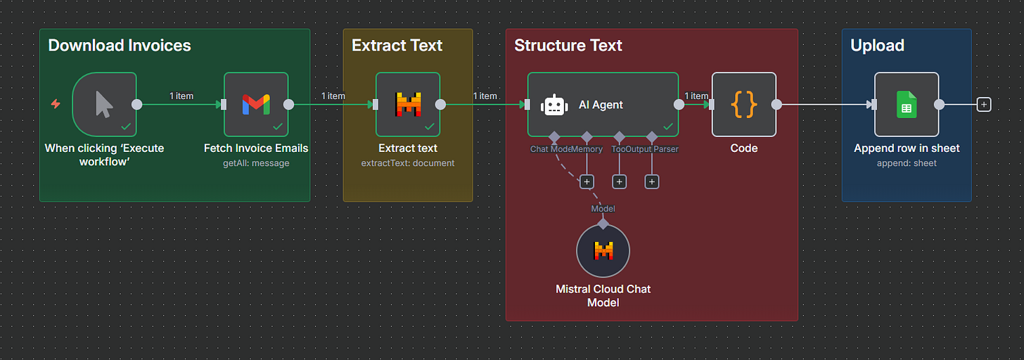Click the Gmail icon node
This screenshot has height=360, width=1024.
[x=256, y=104]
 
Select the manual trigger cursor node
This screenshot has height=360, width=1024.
[x=104, y=104]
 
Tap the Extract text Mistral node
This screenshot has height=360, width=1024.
[x=408, y=104]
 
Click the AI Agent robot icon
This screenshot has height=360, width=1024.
[x=554, y=105]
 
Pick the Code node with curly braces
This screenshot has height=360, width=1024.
[x=744, y=104]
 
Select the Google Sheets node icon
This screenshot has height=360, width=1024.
[x=907, y=104]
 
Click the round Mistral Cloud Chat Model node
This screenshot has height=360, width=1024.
[x=603, y=251]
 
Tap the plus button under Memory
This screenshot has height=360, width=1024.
[x=587, y=182]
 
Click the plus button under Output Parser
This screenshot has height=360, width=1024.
[x=652, y=182]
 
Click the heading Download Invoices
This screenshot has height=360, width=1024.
[x=120, y=46]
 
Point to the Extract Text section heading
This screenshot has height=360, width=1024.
[x=397, y=46]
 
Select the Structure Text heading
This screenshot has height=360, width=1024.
[x=568, y=46]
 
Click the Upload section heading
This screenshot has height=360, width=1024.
[x=877, y=46]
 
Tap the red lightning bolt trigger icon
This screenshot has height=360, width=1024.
[x=56, y=104]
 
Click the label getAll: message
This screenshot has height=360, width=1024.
[x=256, y=163]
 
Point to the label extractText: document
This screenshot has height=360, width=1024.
[x=408, y=163]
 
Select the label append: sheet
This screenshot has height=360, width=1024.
[x=907, y=163]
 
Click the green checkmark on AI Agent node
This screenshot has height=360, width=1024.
[x=667, y=127]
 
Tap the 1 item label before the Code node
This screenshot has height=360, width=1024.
[x=696, y=96]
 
